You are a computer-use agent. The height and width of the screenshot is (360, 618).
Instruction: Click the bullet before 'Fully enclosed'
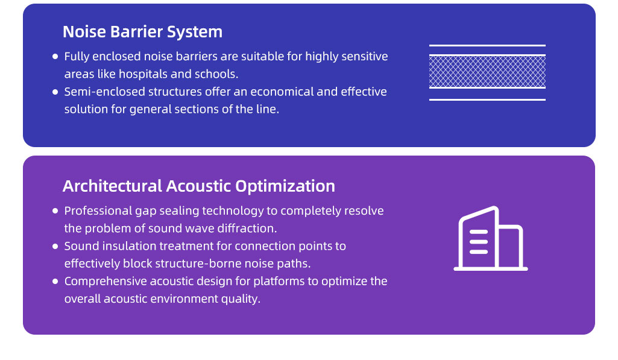(55, 57)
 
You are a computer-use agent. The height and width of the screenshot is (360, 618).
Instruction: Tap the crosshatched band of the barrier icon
(487, 71)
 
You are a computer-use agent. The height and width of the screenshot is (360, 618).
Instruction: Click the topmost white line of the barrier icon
(487, 46)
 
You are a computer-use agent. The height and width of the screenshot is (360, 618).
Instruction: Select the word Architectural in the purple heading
(112, 186)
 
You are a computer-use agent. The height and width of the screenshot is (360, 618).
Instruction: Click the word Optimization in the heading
(285, 186)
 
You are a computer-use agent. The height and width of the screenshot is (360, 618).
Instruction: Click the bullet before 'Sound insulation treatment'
(55, 247)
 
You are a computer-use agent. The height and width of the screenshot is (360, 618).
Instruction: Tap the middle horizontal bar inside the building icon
(479, 242)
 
